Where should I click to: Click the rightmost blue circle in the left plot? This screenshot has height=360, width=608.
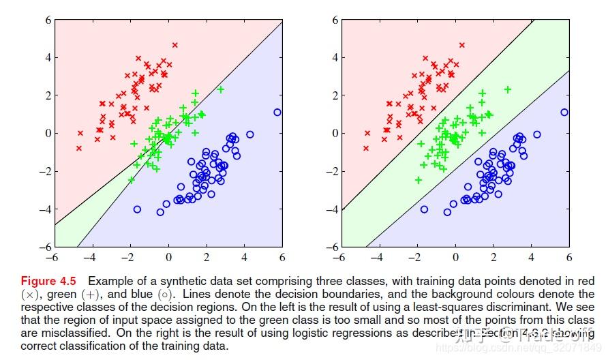[277, 112]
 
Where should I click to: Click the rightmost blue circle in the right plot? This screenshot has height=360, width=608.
[564, 112]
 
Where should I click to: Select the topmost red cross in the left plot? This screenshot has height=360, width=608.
[174, 45]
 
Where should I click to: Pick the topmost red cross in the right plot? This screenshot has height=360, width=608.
[461, 45]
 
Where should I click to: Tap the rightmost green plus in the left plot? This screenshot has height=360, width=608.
[220, 89]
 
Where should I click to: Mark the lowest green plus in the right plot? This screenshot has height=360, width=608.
[419, 180]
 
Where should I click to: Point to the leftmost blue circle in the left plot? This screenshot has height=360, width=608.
[137, 209]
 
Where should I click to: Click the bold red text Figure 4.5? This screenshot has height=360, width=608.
[48, 281]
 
